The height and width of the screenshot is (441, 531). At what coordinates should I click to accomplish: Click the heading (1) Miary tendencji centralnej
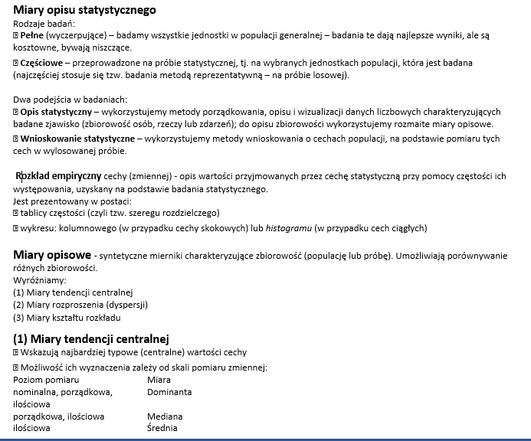click(90, 338)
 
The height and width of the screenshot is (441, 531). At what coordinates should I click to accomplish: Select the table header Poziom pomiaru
click(47, 379)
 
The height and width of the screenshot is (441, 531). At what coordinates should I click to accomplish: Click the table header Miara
click(159, 379)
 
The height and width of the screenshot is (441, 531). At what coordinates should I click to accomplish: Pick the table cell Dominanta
click(169, 391)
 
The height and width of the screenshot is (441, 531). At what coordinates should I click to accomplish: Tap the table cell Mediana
click(165, 416)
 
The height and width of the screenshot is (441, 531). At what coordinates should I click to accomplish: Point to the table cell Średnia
click(162, 428)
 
